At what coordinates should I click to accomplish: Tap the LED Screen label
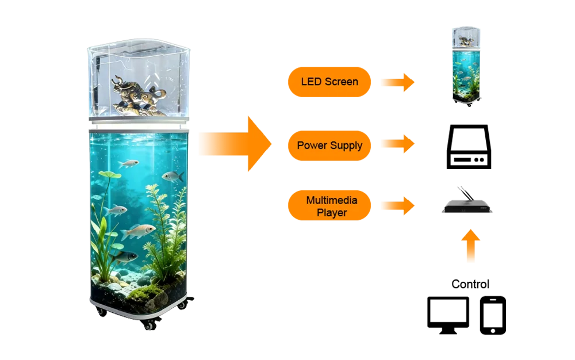[329, 82]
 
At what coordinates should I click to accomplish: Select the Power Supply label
[329, 145]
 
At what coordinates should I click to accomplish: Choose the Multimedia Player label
[329, 205]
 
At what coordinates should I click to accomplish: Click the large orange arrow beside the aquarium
[233, 144]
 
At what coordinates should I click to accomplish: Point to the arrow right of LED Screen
[397, 82]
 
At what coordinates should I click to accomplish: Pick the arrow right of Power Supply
[397, 144]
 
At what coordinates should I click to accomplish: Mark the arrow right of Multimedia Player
[397, 205]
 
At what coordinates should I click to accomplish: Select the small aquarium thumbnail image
[466, 66]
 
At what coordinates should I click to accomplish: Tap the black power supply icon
[469, 147]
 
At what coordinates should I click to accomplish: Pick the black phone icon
[493, 315]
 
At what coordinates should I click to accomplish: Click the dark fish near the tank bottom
[126, 256]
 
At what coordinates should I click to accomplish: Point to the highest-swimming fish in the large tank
[129, 164]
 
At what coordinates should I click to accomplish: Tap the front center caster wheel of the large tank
[149, 324]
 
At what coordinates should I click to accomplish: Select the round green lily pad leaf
[109, 175]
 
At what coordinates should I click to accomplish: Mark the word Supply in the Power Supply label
[346, 145]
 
